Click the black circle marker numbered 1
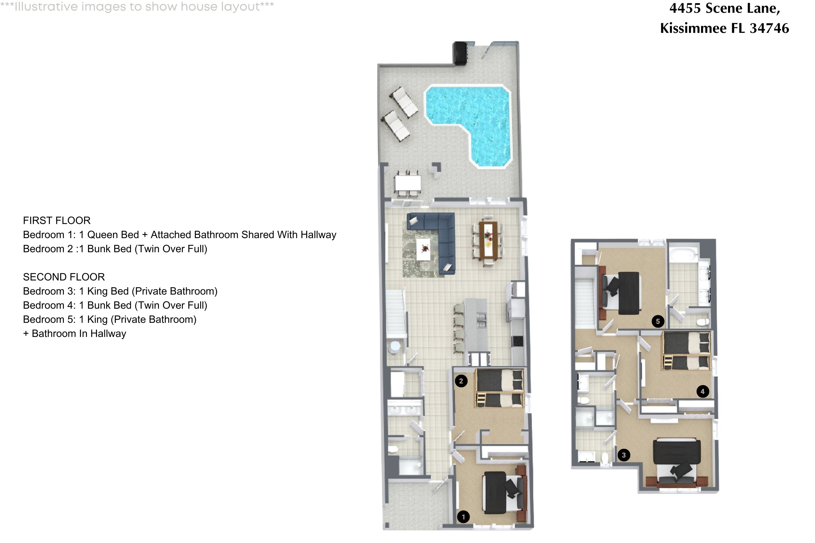(x=463, y=517)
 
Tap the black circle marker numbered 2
(x=461, y=381)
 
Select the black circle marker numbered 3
(x=624, y=455)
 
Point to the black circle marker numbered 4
(x=702, y=392)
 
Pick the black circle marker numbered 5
(x=658, y=321)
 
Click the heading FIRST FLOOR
(x=57, y=220)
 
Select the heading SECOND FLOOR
(x=64, y=277)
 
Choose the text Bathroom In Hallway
(x=79, y=333)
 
